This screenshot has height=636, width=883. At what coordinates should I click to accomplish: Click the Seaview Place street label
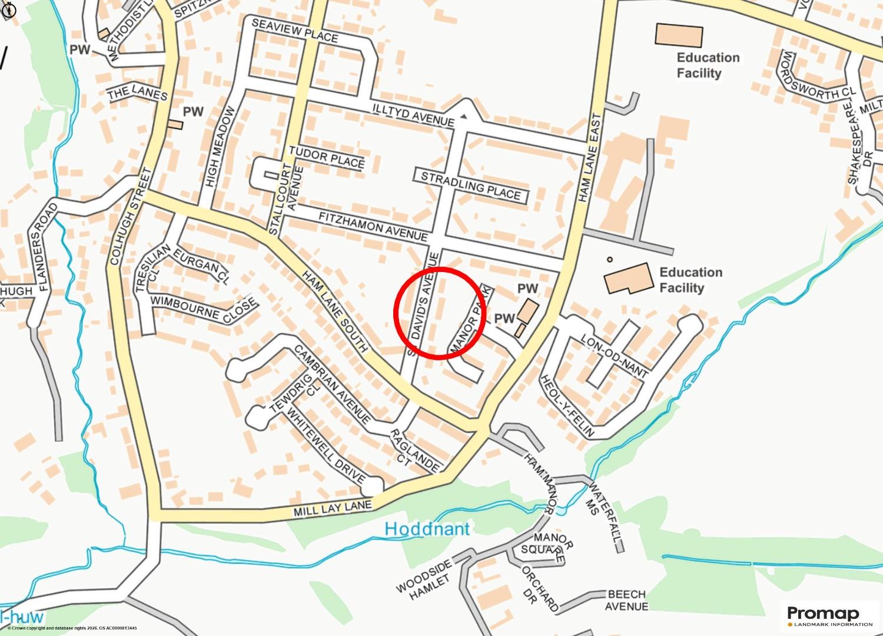295,30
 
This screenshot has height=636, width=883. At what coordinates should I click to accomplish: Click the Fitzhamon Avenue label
373,226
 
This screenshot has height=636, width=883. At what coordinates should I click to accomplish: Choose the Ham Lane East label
590,158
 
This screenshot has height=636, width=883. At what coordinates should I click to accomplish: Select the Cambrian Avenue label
333,385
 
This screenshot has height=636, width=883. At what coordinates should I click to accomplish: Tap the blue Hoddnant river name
427,529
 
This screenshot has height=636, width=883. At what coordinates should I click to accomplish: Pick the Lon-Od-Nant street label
614,356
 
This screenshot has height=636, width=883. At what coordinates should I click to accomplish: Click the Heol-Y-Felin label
567,406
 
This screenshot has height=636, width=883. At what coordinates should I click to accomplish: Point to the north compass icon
9,9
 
